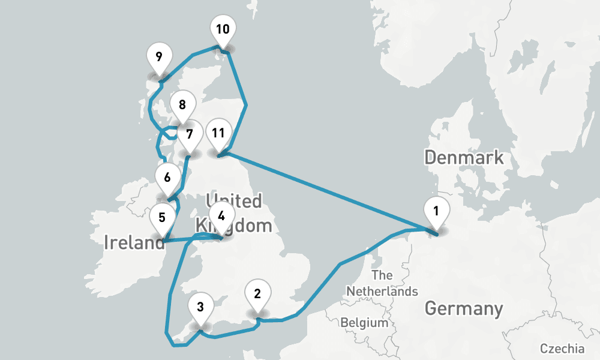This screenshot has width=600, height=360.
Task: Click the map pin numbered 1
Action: click(436, 212)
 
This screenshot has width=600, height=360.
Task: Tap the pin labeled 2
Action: click(257, 294)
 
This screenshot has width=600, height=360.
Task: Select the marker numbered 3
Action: click(200, 308)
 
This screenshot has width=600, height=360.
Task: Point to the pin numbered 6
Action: click(167, 178)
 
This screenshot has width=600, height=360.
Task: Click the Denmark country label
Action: click(464, 158)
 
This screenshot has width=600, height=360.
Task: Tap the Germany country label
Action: click(464, 309)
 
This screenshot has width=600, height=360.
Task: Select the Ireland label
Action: click(134, 242)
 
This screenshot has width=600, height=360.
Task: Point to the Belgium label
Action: click(364, 323)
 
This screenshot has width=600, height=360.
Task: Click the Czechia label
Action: click(562, 349)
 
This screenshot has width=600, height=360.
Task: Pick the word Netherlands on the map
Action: click(382, 292)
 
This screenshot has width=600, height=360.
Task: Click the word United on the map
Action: click(233, 200)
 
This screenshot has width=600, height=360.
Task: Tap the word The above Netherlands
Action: click(382, 275)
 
